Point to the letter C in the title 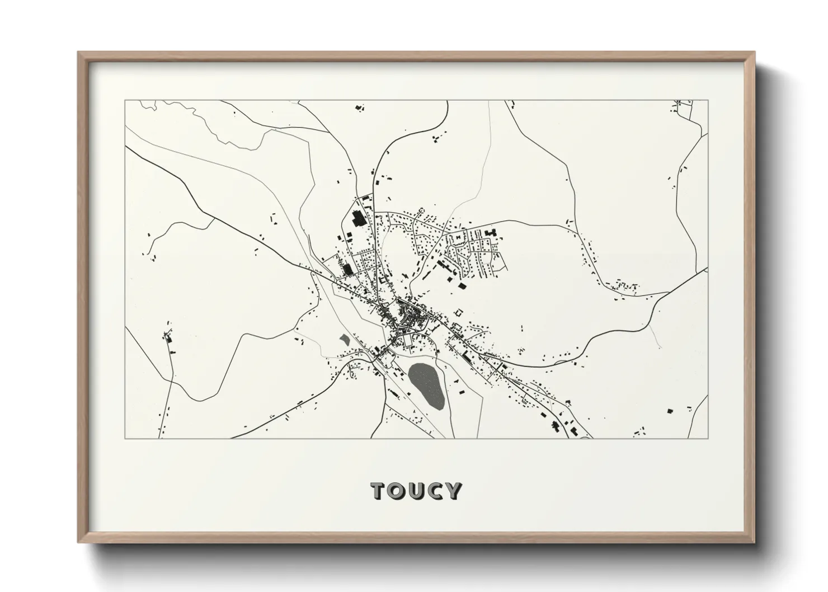coord(434,491)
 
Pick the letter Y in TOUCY coord(453,491)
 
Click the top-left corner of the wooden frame coord(79,53)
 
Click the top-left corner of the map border coord(125,101)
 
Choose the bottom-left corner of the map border coord(125,438)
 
